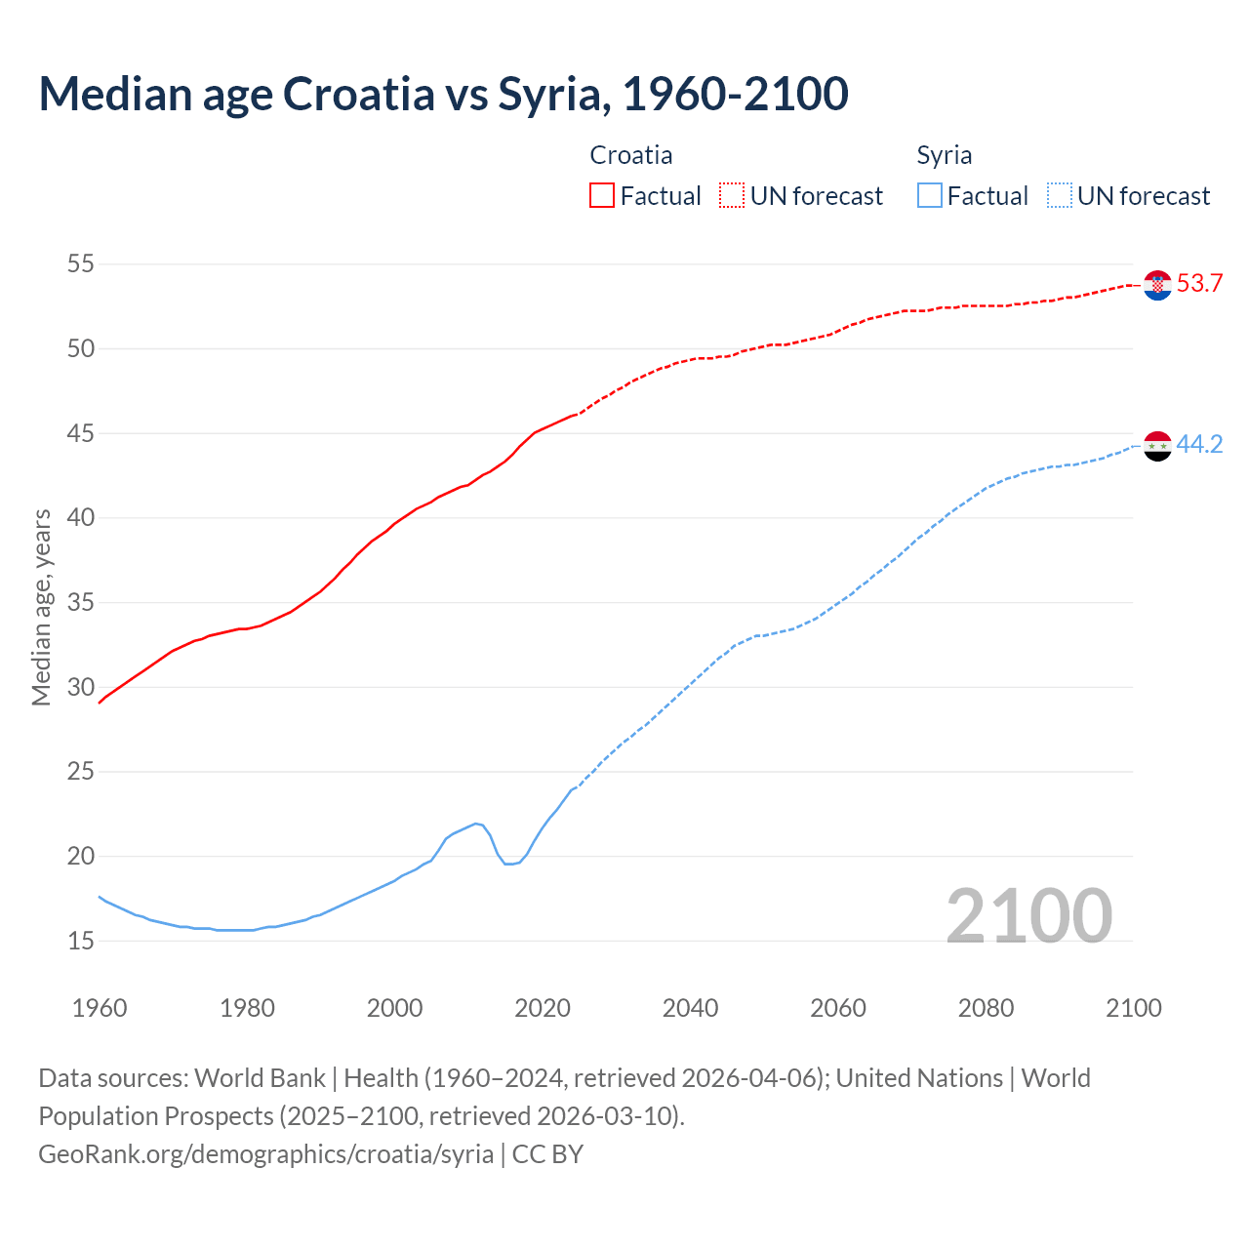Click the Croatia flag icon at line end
[x=1157, y=285]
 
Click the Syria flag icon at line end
[x=1157, y=446]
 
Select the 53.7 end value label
[x=1199, y=284]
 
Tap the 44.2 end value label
[x=1199, y=445]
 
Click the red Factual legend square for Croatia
[x=602, y=196]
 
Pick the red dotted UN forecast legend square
[x=732, y=196]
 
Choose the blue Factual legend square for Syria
[x=930, y=196]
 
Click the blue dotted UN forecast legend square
[x=1060, y=196]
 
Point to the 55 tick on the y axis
[x=81, y=263]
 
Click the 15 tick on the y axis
[x=81, y=941]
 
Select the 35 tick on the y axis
[x=81, y=602]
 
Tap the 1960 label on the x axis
[x=100, y=1008]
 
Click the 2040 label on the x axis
[x=690, y=1008]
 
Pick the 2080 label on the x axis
[x=986, y=1008]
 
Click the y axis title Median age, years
[x=41, y=607]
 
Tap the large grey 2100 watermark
[x=1028, y=915]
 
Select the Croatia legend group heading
[x=630, y=155]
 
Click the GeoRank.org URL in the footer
[x=265, y=1153]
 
